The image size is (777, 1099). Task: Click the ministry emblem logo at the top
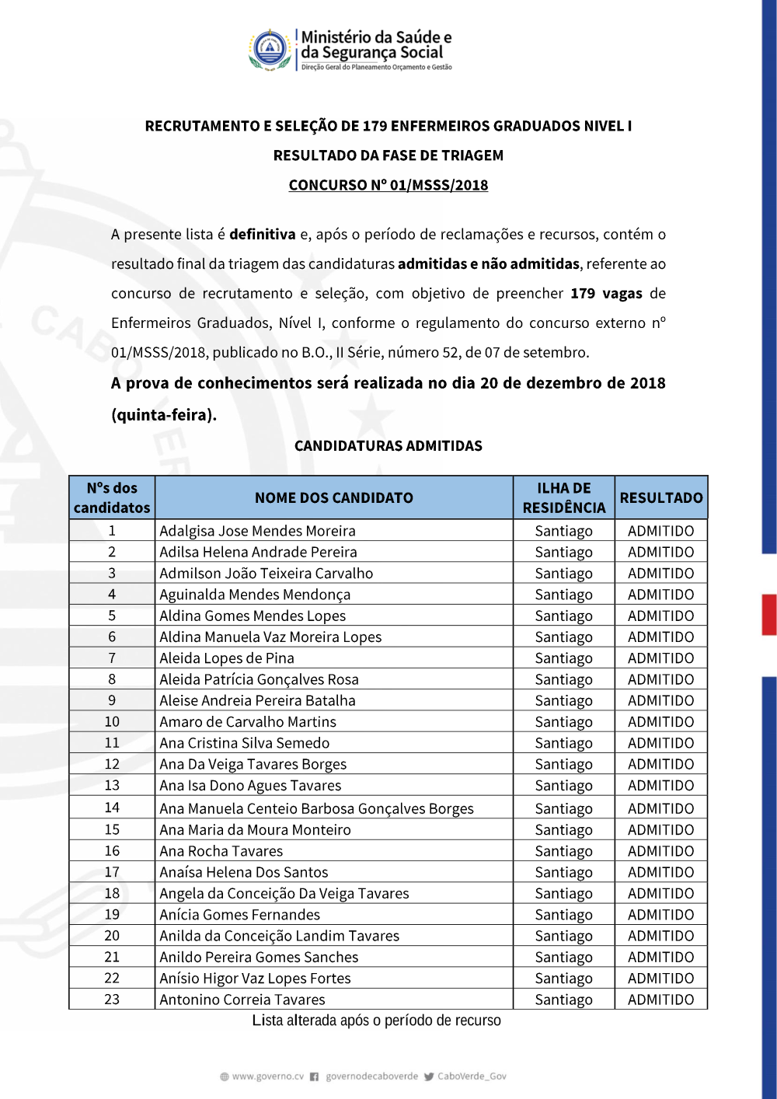(270, 49)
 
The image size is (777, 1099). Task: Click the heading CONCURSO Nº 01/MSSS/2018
(388, 185)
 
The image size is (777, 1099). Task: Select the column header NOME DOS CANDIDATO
(334, 497)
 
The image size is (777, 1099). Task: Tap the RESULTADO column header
(661, 497)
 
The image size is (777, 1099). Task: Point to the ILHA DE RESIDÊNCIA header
(564, 497)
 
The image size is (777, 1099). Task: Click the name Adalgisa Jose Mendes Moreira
(257, 531)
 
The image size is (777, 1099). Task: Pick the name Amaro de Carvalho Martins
(248, 721)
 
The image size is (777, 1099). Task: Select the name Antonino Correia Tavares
(242, 1000)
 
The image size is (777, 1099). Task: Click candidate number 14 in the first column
(112, 808)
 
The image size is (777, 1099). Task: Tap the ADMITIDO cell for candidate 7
(661, 658)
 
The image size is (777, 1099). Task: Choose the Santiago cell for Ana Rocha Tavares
(564, 851)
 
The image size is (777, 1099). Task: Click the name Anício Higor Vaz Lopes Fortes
(255, 979)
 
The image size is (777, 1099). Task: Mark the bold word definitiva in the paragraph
(263, 235)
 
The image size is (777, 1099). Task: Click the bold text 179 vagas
(606, 294)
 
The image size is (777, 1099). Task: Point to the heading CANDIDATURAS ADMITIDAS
(388, 446)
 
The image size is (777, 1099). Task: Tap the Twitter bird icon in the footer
(429, 1076)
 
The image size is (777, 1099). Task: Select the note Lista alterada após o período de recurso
(377, 1020)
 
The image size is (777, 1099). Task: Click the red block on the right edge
(769, 615)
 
